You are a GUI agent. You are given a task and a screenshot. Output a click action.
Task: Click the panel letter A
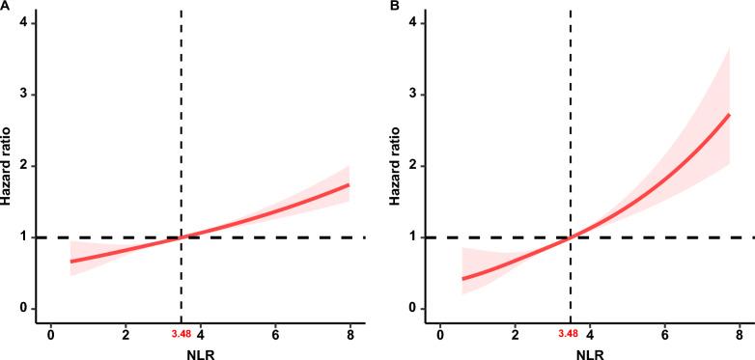(x=6, y=7)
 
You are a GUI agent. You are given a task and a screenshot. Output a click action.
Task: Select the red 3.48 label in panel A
(x=182, y=333)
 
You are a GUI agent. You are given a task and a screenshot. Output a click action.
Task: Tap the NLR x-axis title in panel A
(x=200, y=352)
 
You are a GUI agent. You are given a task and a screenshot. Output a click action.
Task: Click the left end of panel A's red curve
(x=71, y=261)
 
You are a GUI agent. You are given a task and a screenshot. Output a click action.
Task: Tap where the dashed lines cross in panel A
(x=182, y=237)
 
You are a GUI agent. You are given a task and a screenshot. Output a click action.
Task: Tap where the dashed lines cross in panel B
(x=571, y=237)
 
